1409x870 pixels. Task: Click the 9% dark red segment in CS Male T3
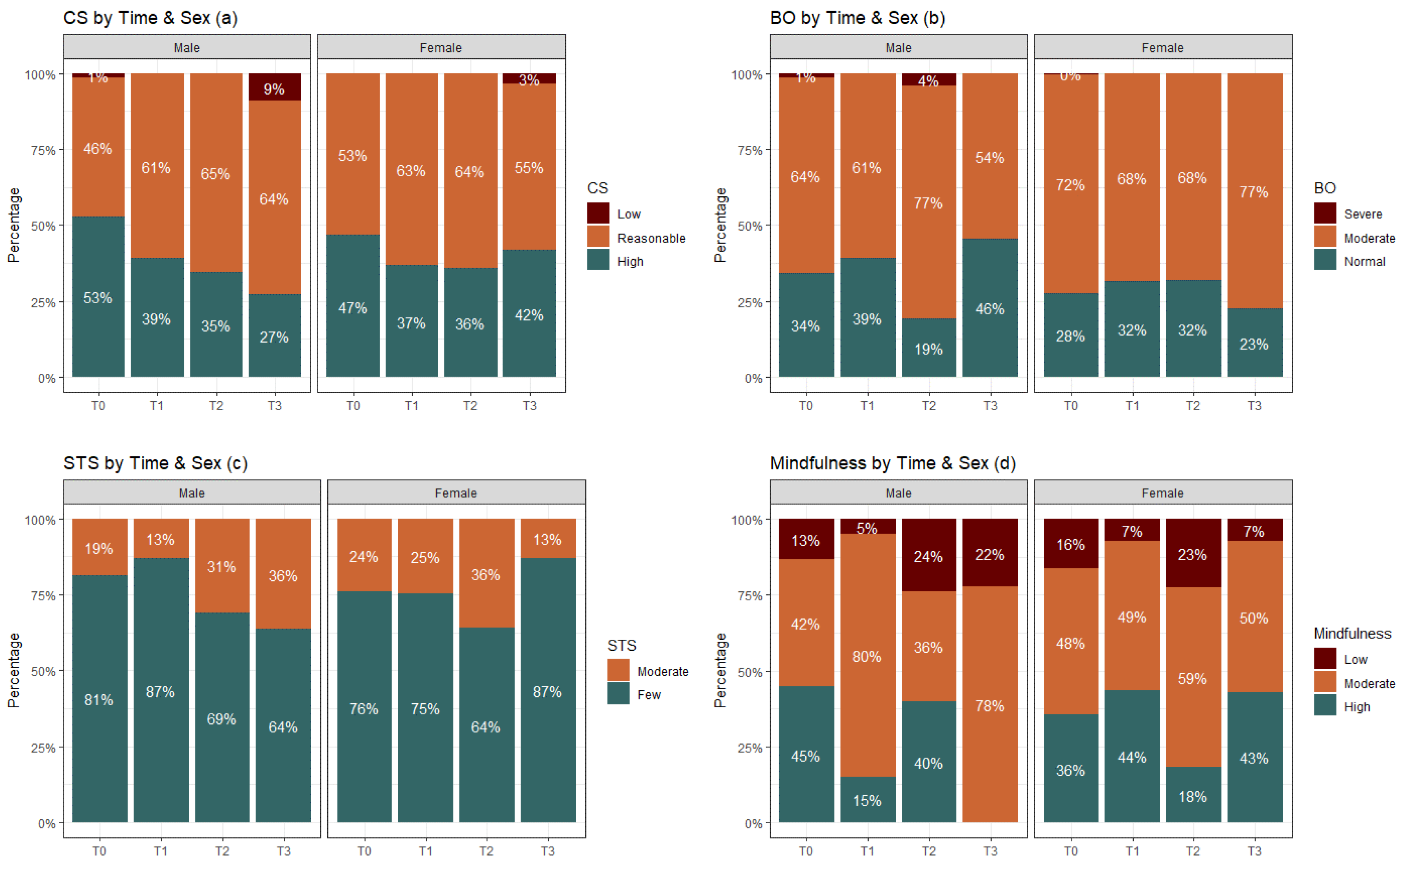click(x=274, y=87)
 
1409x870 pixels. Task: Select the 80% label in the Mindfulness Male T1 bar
click(x=867, y=656)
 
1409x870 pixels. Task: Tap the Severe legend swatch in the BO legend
click(x=1325, y=214)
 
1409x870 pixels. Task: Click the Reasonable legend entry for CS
click(x=650, y=238)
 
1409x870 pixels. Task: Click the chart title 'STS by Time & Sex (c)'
click(x=155, y=463)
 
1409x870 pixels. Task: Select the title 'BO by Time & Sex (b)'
click(x=857, y=18)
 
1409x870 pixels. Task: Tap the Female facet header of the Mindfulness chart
click(x=1162, y=493)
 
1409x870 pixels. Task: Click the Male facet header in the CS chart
click(x=187, y=48)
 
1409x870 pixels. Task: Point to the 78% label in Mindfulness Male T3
click(x=989, y=706)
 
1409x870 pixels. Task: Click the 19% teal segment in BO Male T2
click(x=928, y=348)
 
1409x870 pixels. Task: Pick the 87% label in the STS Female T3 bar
click(x=547, y=692)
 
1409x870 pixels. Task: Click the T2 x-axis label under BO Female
click(x=1193, y=406)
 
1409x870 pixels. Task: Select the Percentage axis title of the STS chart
click(x=14, y=670)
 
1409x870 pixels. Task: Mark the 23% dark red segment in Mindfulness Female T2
click(x=1193, y=554)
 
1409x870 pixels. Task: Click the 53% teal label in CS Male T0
click(x=98, y=298)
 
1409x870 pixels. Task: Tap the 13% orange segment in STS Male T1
click(x=161, y=539)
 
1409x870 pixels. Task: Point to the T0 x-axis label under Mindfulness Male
click(x=806, y=851)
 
